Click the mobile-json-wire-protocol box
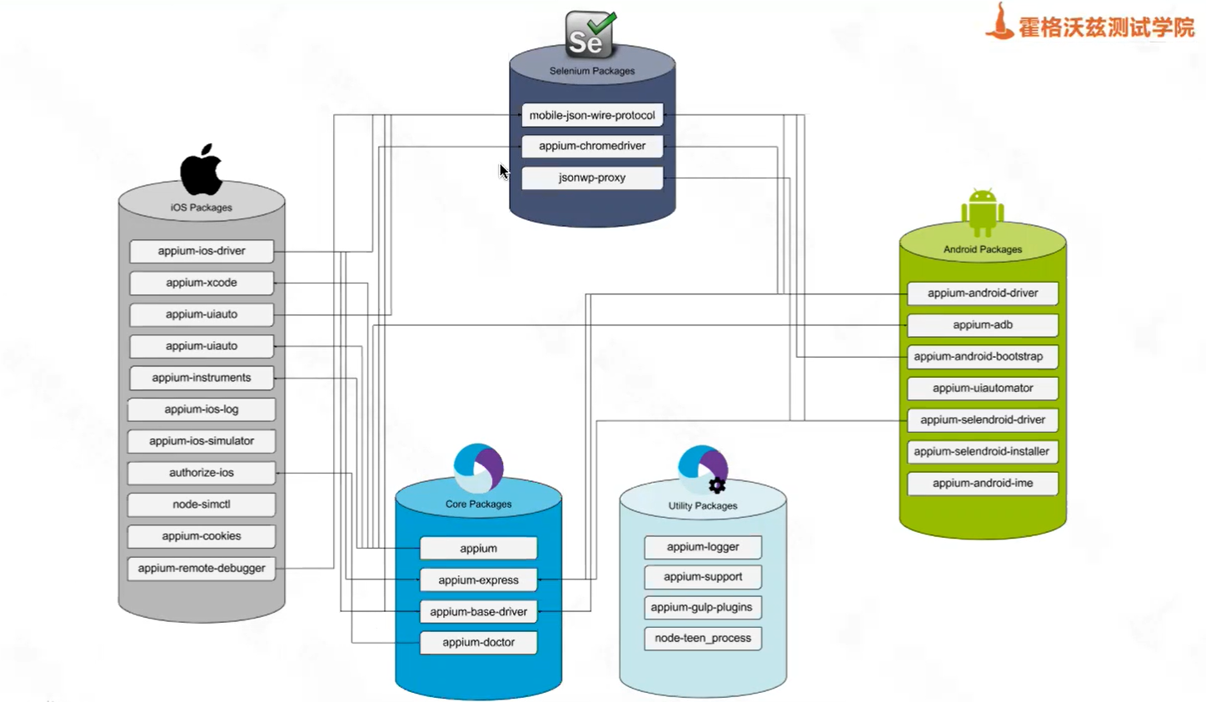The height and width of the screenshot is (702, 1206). point(592,115)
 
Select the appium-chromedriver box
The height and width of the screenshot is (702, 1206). point(592,146)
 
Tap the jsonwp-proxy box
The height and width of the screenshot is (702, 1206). point(592,178)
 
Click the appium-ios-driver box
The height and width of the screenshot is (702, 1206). point(202,251)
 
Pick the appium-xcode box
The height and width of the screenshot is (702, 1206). point(202,283)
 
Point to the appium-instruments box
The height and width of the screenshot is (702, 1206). point(202,378)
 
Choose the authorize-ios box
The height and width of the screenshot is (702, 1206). point(202,473)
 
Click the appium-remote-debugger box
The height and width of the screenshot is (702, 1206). point(202,568)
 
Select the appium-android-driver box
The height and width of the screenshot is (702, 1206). point(983,293)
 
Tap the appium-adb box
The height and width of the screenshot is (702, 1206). point(983,325)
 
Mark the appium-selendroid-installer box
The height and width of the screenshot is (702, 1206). point(983,451)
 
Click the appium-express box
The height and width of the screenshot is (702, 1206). point(478,579)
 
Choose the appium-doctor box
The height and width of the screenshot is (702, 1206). point(478,642)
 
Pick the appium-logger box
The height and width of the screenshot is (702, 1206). point(703,547)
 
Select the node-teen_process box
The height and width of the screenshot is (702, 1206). point(703,638)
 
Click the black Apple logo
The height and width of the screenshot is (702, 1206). point(202,170)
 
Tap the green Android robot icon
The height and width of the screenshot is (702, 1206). point(983,212)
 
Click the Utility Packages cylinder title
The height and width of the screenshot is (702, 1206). point(703,505)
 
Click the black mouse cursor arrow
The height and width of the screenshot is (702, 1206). point(504,171)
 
